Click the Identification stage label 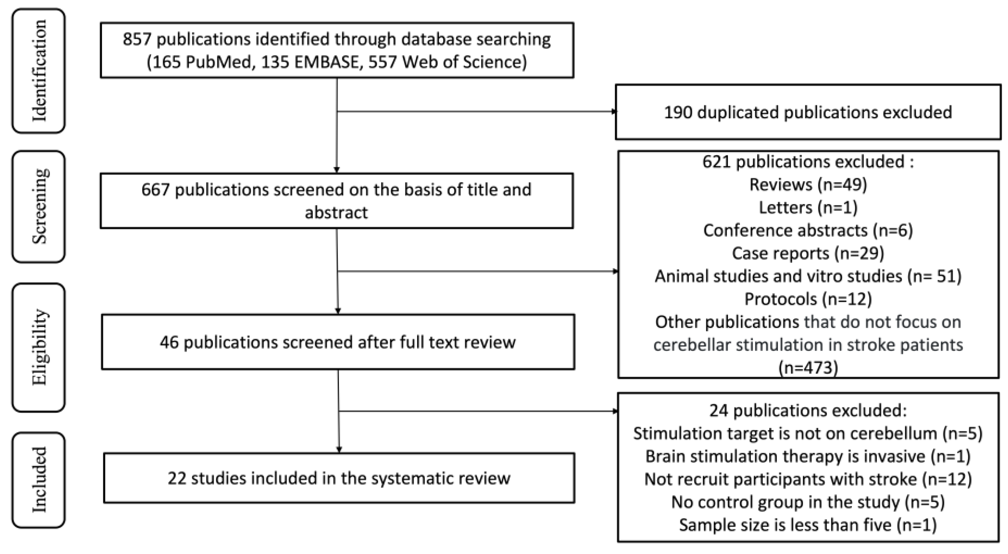point(39,71)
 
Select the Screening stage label point(39,206)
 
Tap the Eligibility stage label point(39,347)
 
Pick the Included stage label point(39,480)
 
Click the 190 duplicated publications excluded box point(808,112)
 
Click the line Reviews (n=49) point(808,184)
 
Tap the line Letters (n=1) point(808,208)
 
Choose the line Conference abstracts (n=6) point(808,230)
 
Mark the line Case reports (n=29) point(808,253)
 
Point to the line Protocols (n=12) point(808,299)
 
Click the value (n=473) point(808,368)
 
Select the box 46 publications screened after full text point(337,342)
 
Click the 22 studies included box point(339,478)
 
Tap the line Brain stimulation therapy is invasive point(808,456)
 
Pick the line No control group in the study point(808,502)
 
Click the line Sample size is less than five point(808,525)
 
